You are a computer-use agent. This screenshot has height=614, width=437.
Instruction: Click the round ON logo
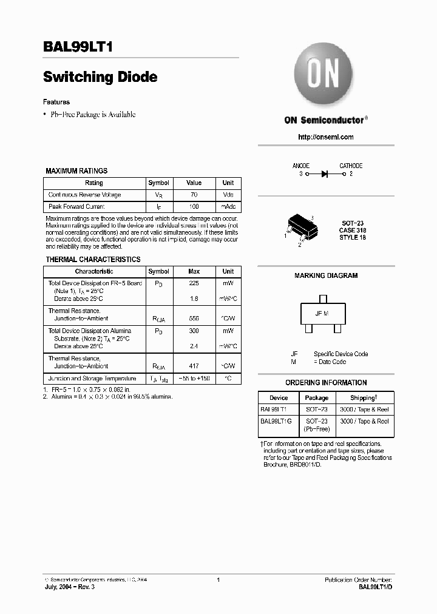pyautogui.click(x=324, y=76)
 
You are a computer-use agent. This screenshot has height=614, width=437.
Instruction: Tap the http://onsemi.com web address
pyautogui.click(x=326, y=137)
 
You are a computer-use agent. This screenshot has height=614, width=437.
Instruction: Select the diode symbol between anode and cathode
pyautogui.click(x=325, y=174)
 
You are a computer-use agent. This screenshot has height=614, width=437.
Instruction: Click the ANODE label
pyautogui.click(x=301, y=166)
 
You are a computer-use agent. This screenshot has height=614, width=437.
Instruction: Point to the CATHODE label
pyautogui.click(x=351, y=166)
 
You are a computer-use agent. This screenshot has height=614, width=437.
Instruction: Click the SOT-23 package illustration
pyautogui.click(x=300, y=230)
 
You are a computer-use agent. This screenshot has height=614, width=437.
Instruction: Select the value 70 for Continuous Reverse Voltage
pyautogui.click(x=194, y=195)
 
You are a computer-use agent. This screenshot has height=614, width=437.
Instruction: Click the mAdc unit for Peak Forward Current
pyautogui.click(x=228, y=207)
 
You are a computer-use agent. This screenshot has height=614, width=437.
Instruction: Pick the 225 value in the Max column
pyautogui.click(x=194, y=283)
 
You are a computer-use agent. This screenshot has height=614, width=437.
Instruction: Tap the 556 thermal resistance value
pyautogui.click(x=194, y=319)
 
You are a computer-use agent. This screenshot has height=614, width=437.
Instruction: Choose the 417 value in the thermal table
pyautogui.click(x=194, y=366)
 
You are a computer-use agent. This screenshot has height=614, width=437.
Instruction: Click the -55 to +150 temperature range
pyautogui.click(x=194, y=378)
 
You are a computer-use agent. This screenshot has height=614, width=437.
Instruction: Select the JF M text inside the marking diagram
pyautogui.click(x=322, y=313)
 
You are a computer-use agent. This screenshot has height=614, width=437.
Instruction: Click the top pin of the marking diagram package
pyautogui.click(x=322, y=299)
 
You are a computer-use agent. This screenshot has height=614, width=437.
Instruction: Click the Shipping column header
pyautogui.click(x=364, y=397)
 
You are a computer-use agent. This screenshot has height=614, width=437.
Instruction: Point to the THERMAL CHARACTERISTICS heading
pyautogui.click(x=93, y=260)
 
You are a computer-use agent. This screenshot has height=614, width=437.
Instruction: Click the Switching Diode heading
pyautogui.click(x=100, y=77)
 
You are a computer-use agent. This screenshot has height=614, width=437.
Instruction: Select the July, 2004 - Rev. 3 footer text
pyautogui.click(x=70, y=587)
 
